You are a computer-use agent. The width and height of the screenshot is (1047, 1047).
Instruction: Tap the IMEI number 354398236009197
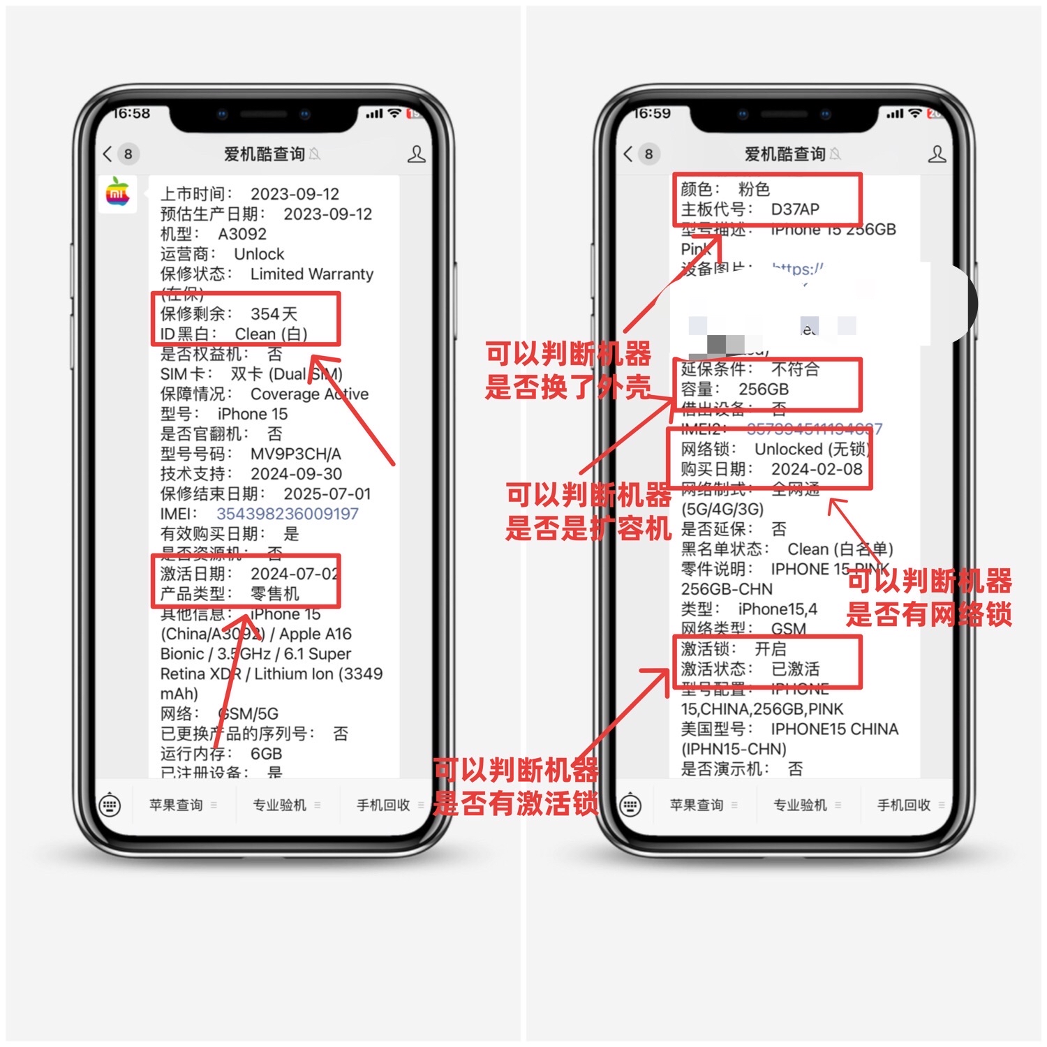coord(287,514)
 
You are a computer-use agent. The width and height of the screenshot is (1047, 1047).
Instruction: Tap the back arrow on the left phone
coord(107,154)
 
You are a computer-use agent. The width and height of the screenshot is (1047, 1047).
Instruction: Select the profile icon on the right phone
coord(937,154)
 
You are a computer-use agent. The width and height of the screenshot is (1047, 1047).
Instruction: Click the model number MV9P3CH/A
coord(295,454)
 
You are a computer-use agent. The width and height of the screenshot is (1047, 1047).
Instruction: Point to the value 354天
coord(274,314)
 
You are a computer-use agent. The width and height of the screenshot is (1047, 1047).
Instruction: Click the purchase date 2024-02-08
coord(816,469)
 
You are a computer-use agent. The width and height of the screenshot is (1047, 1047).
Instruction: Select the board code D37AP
coord(794,209)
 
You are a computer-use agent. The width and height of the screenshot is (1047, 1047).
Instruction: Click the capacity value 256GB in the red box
coord(763,389)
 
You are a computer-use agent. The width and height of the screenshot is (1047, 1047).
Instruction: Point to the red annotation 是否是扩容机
coord(588,528)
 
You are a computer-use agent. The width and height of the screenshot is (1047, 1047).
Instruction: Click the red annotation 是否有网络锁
coord(928,614)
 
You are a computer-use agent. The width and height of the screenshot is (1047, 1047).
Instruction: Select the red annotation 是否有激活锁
coord(515,803)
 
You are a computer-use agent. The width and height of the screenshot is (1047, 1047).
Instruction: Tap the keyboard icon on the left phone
coord(110,805)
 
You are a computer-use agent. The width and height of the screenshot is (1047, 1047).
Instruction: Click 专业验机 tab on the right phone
coord(800,805)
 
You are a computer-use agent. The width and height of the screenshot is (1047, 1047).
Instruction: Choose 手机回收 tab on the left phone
coord(383,805)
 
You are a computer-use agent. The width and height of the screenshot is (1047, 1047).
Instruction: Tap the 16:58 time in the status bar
coord(132,114)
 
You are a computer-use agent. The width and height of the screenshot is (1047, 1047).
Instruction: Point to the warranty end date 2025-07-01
coord(327,494)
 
